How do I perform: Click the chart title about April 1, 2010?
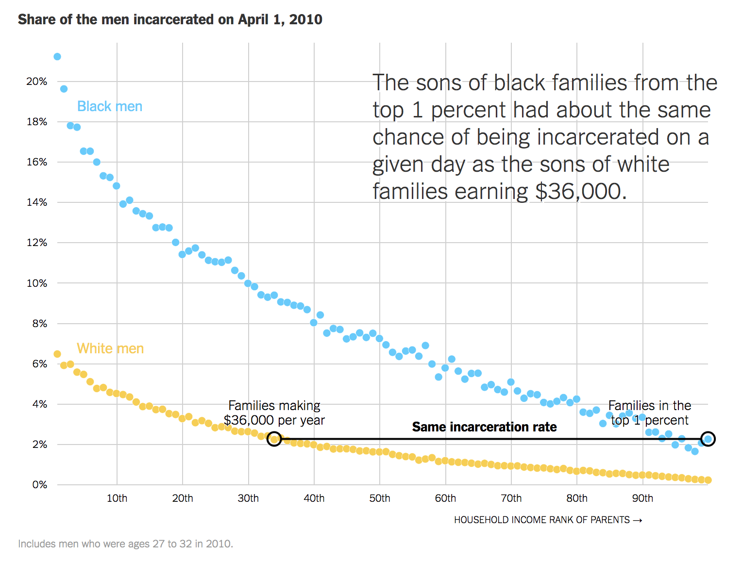(170, 19)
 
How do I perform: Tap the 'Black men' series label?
(110, 106)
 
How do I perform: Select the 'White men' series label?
(110, 348)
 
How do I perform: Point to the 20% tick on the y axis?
(37, 82)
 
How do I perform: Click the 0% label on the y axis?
(40, 484)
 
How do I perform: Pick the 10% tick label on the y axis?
(37, 283)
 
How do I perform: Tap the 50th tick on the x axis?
(380, 498)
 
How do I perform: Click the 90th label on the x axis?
(642, 498)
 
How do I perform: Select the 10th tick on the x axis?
(117, 498)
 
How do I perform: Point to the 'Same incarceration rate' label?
(484, 427)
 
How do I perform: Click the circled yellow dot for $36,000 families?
(274, 439)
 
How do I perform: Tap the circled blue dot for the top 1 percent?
(708, 439)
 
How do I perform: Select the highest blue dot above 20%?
(57, 57)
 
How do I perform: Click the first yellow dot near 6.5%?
(57, 354)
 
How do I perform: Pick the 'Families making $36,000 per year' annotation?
(274, 412)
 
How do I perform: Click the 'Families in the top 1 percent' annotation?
(650, 412)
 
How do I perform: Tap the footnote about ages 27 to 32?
(125, 544)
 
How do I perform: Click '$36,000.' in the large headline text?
(580, 191)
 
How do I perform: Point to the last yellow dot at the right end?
(708, 480)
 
